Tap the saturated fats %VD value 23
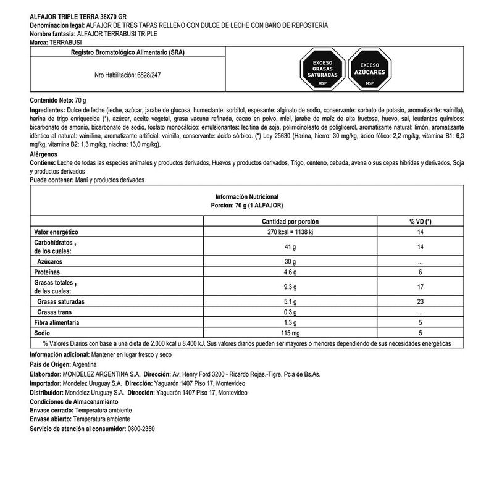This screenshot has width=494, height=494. (x=420, y=302)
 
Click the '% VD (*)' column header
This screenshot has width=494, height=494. (x=420, y=221)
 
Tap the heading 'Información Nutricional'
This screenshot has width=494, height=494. (x=247, y=196)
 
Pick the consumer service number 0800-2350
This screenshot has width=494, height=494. (x=141, y=428)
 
